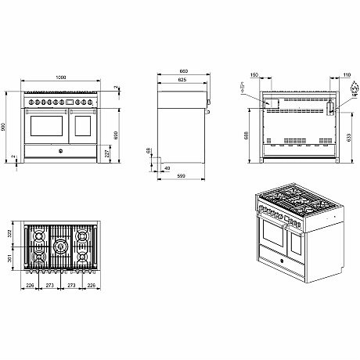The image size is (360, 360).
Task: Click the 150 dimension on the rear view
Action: click(x=254, y=76)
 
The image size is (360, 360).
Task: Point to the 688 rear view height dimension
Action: click(x=247, y=135)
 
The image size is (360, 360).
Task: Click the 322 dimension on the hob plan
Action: click(x=9, y=234)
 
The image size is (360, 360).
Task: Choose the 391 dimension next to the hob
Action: click(x=9, y=260)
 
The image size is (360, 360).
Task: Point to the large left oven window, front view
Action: click(x=46, y=125)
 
